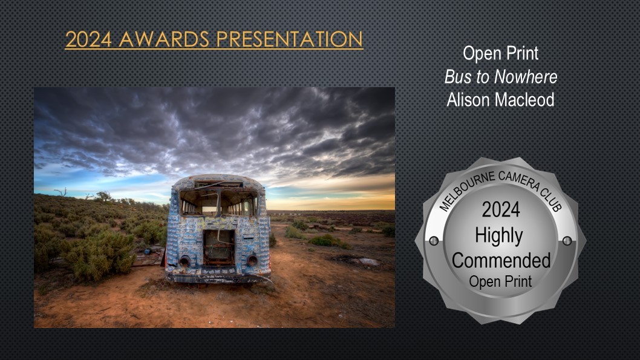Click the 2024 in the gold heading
(x=88, y=39)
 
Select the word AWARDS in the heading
(x=164, y=39)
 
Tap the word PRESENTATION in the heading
(x=289, y=39)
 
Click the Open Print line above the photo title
(x=500, y=54)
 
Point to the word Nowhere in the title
(x=526, y=77)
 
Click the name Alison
(x=466, y=100)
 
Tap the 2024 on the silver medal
(x=501, y=210)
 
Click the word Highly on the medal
(x=499, y=237)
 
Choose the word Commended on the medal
(x=501, y=260)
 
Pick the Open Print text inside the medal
(x=500, y=281)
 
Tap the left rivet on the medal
(x=434, y=241)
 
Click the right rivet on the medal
(x=567, y=241)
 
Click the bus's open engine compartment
(x=219, y=247)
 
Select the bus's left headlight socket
(x=184, y=261)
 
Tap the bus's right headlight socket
(x=252, y=260)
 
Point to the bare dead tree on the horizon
(x=61, y=192)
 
